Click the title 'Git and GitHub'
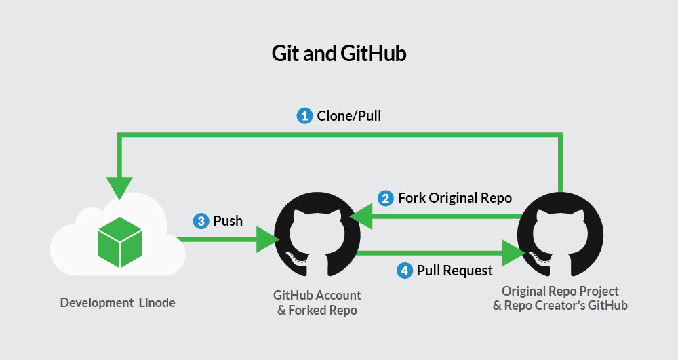(x=339, y=54)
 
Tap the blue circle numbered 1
(x=304, y=115)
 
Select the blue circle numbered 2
(x=386, y=198)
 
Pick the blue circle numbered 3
(x=201, y=220)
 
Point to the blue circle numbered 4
(x=404, y=271)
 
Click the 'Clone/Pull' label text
(x=349, y=116)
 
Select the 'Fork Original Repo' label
(x=455, y=198)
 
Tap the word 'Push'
(x=228, y=221)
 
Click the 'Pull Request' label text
(x=454, y=271)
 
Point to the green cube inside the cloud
(x=119, y=241)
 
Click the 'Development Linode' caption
(x=117, y=303)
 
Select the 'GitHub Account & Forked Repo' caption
(x=317, y=303)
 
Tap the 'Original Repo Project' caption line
(x=560, y=291)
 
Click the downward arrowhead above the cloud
(x=119, y=187)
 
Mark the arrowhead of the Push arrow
(x=266, y=239)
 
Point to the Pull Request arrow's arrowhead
(x=513, y=254)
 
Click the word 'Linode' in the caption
(x=157, y=303)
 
